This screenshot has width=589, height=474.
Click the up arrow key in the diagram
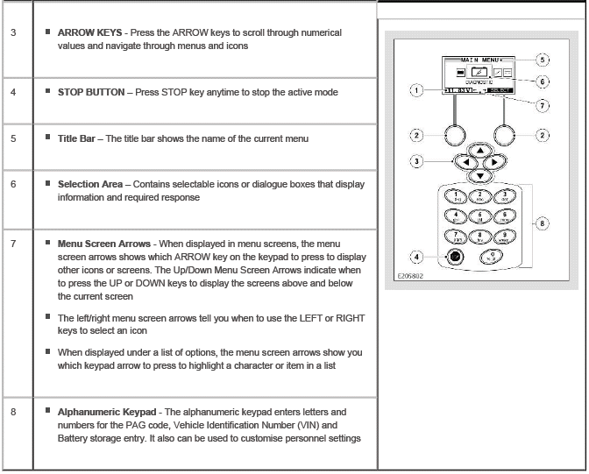click(479, 151)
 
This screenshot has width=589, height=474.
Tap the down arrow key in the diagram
click(479, 174)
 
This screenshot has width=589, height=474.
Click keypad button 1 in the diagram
click(457, 198)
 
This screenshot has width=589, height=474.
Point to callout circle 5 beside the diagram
click(544, 60)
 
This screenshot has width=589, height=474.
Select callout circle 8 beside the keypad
click(544, 223)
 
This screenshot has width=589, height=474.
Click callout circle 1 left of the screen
click(417, 89)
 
